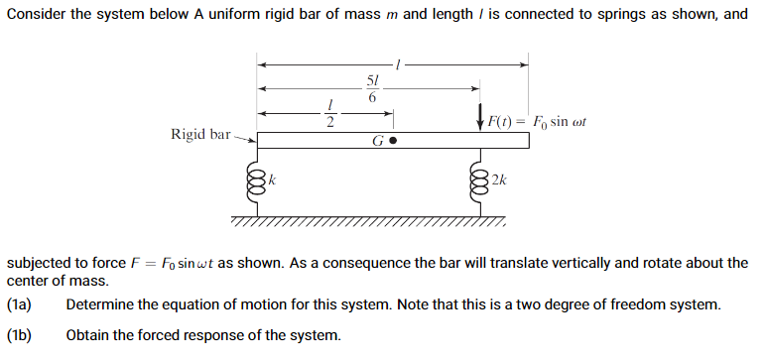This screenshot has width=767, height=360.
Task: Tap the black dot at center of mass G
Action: tap(393, 141)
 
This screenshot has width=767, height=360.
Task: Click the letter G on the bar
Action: tap(378, 141)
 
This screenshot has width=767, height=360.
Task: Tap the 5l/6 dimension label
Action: tap(372, 89)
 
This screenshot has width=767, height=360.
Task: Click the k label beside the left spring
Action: tap(273, 180)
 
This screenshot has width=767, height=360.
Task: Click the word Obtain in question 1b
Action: tap(88, 335)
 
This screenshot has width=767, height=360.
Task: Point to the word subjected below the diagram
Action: tap(42, 263)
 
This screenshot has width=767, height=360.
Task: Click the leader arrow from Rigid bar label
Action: tap(244, 137)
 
